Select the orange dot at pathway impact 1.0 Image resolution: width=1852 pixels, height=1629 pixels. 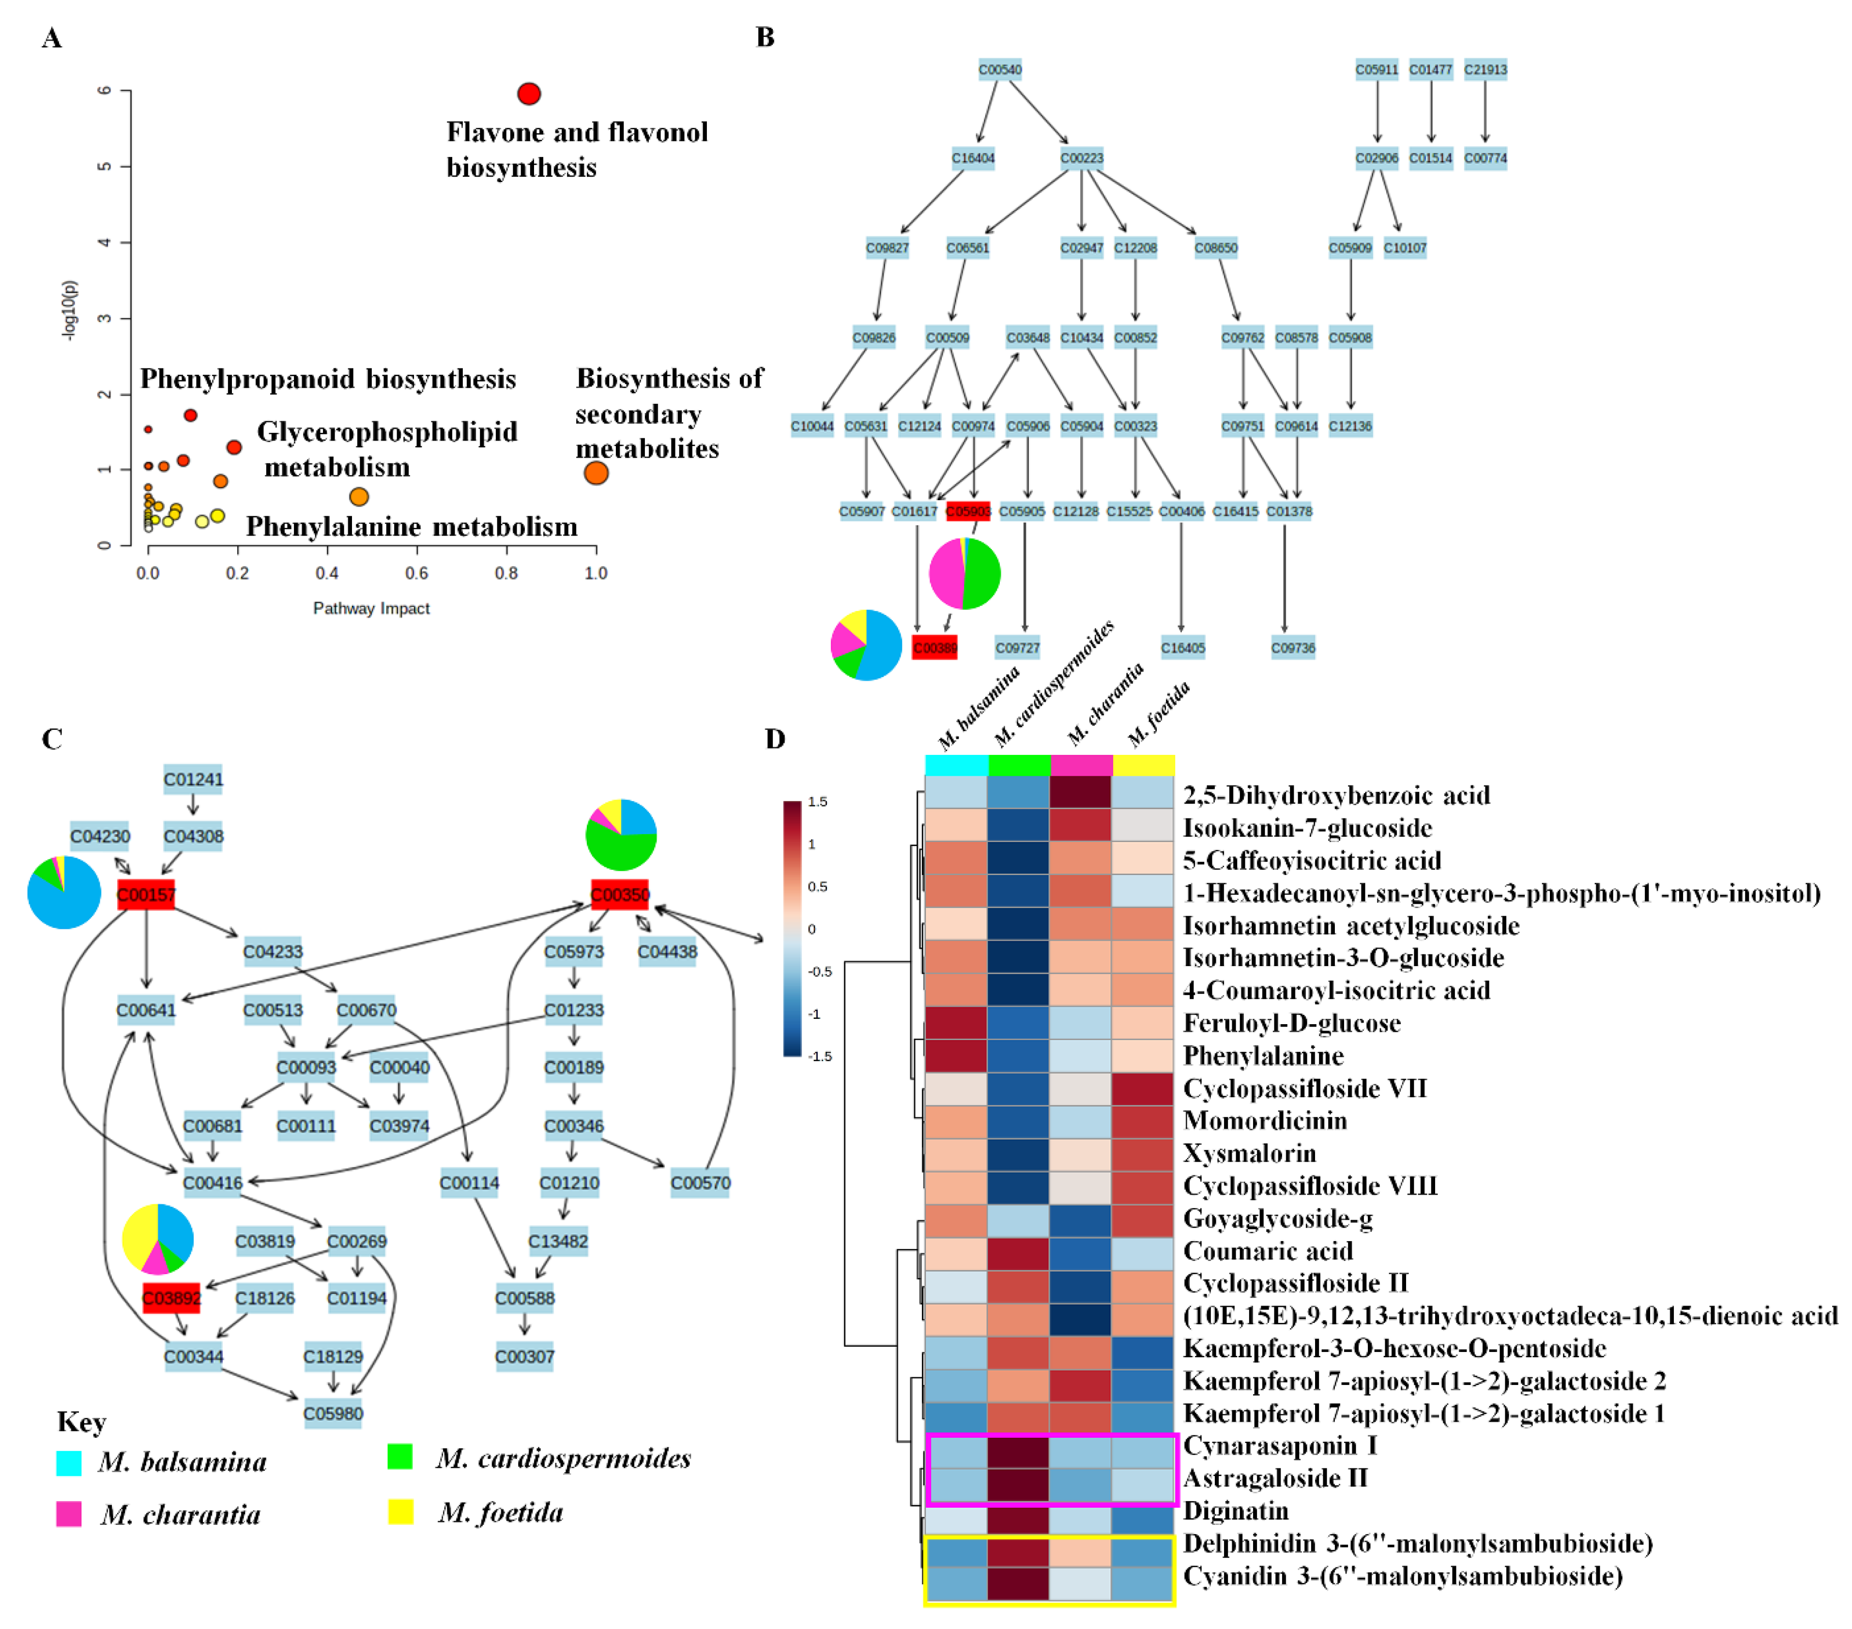pyautogui.click(x=595, y=472)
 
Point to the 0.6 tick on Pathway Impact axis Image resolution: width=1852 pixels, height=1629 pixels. pyautogui.click(x=417, y=572)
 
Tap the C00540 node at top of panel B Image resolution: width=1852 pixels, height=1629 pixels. pyautogui.click(x=999, y=70)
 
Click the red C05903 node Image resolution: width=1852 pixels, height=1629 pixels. pyautogui.click(x=968, y=511)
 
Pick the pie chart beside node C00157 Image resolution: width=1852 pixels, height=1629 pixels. pyautogui.click(x=63, y=892)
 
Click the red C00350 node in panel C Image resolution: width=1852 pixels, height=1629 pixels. pyautogui.click(x=620, y=894)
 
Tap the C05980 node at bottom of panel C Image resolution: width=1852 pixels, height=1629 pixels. pyautogui.click(x=333, y=1414)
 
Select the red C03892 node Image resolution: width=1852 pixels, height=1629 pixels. pyautogui.click(x=171, y=1297)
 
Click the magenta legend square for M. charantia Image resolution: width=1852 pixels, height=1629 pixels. pyautogui.click(x=69, y=1513)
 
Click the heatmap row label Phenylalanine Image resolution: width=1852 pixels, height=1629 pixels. pyautogui.click(x=1263, y=1056)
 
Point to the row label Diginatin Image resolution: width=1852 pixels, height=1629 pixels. pyautogui.click(x=1236, y=1510)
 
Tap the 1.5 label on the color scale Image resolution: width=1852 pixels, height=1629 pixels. pyautogui.click(x=817, y=802)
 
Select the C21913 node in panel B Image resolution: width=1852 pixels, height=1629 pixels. pyautogui.click(x=1485, y=70)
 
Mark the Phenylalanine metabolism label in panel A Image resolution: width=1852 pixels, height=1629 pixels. pyautogui.click(x=412, y=526)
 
